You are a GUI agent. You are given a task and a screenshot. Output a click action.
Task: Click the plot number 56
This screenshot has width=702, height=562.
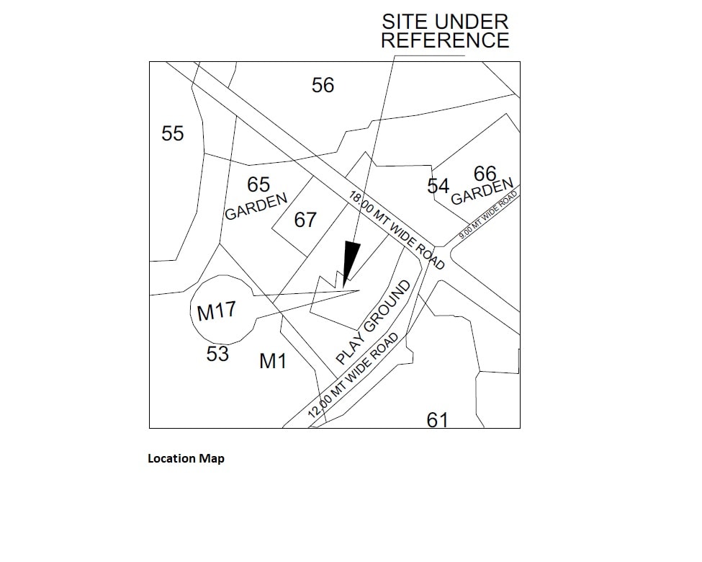[323, 86]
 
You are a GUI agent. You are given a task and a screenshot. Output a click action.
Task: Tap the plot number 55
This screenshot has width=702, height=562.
[173, 134]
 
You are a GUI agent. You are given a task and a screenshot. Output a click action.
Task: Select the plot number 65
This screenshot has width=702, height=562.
[258, 185]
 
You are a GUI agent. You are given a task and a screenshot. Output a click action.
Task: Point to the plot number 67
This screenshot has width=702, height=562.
[305, 220]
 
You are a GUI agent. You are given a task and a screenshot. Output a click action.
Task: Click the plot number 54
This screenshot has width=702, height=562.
[438, 187]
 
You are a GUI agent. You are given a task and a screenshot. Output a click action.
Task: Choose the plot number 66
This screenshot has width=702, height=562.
[485, 174]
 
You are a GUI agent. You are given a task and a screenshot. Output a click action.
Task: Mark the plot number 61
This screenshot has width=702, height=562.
[438, 419]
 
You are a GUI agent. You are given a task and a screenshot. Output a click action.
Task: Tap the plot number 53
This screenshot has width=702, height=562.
[217, 354]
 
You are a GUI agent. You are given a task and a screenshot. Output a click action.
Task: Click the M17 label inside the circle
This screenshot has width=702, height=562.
[217, 312]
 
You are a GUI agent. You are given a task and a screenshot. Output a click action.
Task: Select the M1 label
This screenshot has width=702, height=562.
[273, 362]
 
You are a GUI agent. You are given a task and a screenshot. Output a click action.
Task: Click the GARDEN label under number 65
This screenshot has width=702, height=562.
[256, 207]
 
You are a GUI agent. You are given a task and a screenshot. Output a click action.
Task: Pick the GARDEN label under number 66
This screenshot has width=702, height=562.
[482, 192]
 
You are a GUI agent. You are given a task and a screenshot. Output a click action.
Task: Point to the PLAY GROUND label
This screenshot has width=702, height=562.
[374, 322]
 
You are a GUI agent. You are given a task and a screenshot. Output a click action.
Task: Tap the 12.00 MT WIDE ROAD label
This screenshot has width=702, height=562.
[353, 376]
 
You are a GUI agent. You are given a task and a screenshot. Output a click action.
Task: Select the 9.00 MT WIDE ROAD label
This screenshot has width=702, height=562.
[488, 215]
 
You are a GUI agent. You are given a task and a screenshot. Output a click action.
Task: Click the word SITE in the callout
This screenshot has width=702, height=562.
[405, 22]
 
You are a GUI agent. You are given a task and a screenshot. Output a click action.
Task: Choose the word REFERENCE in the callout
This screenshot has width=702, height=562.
[445, 40]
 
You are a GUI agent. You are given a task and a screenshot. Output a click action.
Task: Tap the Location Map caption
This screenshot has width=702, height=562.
[186, 458]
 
